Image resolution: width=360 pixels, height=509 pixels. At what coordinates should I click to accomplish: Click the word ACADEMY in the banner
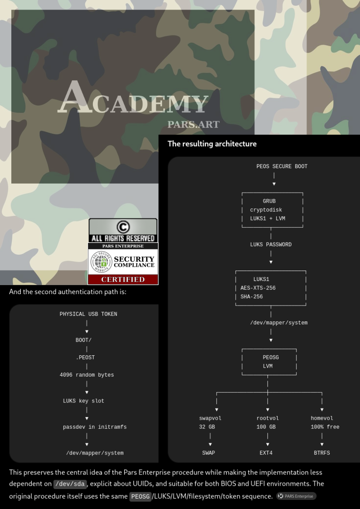pyautogui.click(x=133, y=97)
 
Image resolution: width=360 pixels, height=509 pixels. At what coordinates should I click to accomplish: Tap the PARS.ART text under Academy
pyautogui.click(x=194, y=124)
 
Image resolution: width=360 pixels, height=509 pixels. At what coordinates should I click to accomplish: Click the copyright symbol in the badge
pyautogui.click(x=123, y=227)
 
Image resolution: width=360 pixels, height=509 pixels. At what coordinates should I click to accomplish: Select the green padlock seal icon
pyautogui.click(x=101, y=262)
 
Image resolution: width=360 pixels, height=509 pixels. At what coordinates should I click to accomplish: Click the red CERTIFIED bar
pyautogui.click(x=123, y=280)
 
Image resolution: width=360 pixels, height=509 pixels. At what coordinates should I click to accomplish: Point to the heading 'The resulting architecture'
pyautogui.click(x=212, y=144)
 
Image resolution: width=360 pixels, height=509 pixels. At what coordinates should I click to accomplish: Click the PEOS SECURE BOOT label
pyautogui.click(x=282, y=166)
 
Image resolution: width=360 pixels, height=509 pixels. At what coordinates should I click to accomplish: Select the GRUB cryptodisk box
pyautogui.click(x=272, y=210)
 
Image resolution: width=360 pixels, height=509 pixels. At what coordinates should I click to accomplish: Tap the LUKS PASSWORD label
pyautogui.click(x=271, y=244)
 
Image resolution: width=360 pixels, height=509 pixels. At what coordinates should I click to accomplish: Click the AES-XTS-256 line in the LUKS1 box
pyautogui.click(x=258, y=288)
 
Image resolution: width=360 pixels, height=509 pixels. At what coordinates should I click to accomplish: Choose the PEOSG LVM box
pyautogui.click(x=269, y=362)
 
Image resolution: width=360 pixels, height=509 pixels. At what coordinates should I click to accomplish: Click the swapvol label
pyautogui.click(x=210, y=418)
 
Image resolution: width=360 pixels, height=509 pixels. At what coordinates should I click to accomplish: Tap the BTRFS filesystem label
pyautogui.click(x=322, y=452)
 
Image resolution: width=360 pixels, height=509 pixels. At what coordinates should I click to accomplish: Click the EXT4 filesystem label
pyautogui.click(x=266, y=452)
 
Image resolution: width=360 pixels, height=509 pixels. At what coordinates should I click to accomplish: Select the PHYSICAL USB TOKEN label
pyautogui.click(x=88, y=314)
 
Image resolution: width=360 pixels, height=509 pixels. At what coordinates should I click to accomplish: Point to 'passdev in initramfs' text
pyautogui.click(x=95, y=427)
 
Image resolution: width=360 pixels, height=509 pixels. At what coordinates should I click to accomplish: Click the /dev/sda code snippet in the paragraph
pyautogui.click(x=70, y=484)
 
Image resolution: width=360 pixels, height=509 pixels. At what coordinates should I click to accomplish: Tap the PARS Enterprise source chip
pyautogui.click(x=297, y=496)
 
